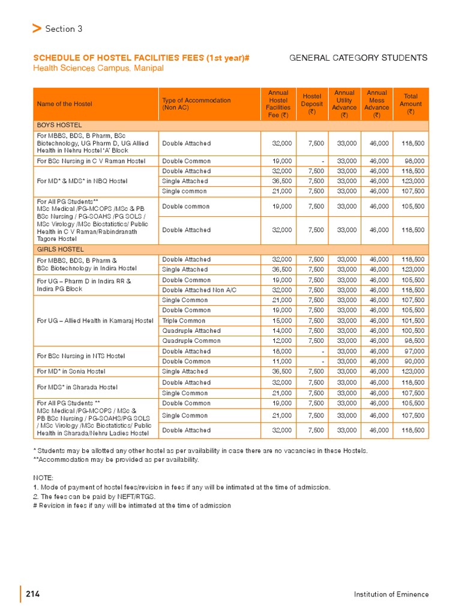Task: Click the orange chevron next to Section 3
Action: pyautogui.click(x=37, y=28)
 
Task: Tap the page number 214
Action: pyautogui.click(x=33, y=594)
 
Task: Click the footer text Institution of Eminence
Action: pyautogui.click(x=391, y=594)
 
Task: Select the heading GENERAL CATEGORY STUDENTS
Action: pyautogui.click(x=358, y=58)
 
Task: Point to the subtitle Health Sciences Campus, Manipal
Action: pyautogui.click(x=98, y=68)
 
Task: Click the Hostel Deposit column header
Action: pyautogui.click(x=312, y=104)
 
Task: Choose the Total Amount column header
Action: pyautogui.click(x=411, y=104)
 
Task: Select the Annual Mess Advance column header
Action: pyautogui.click(x=377, y=104)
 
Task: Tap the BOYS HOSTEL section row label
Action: pyautogui.click(x=59, y=124)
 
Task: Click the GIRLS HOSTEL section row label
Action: pyautogui.click(x=60, y=249)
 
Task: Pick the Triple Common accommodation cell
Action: pyautogui.click(x=184, y=320)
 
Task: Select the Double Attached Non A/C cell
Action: pyautogui.click(x=199, y=289)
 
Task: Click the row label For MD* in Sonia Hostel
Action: pyautogui.click(x=71, y=372)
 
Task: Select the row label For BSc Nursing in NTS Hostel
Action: pyautogui.click(x=81, y=356)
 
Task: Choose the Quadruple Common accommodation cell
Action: pyautogui.click(x=191, y=341)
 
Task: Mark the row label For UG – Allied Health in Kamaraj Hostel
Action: pyautogui.click(x=95, y=320)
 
